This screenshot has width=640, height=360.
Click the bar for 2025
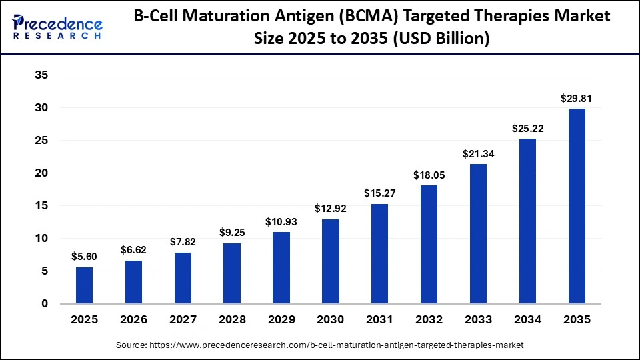(x=84, y=285)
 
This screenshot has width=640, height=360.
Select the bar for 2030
(x=331, y=261)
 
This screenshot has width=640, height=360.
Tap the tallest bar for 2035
(x=576, y=206)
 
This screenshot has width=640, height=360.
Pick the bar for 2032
(x=429, y=245)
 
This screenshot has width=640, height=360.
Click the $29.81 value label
(x=576, y=99)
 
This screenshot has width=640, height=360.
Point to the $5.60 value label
(x=84, y=257)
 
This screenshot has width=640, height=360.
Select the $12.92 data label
(x=331, y=209)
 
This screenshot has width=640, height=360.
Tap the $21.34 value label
(x=479, y=154)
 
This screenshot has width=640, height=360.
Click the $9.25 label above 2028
(x=232, y=233)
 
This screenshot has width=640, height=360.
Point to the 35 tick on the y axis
(x=41, y=75)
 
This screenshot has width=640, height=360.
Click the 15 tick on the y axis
(x=41, y=206)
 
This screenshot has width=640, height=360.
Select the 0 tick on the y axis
(x=45, y=304)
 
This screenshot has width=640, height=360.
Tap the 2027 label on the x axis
(x=183, y=320)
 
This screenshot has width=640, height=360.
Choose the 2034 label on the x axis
(x=527, y=320)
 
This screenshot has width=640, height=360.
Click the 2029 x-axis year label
(x=281, y=320)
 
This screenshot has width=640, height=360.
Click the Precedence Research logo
(x=57, y=26)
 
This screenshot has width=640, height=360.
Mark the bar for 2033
(x=479, y=234)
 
